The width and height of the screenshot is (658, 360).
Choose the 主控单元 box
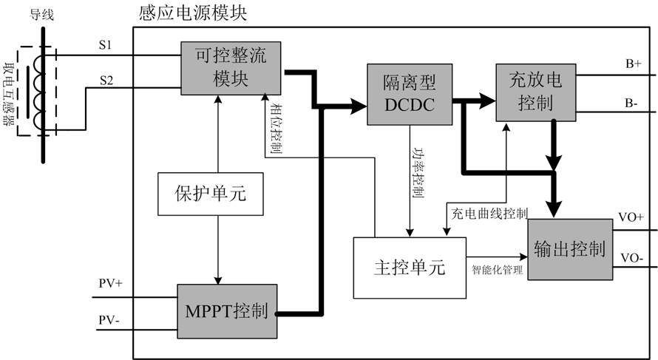[x=410, y=268]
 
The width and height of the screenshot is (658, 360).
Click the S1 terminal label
[x=106, y=45]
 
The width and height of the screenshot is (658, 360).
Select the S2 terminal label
[x=106, y=81]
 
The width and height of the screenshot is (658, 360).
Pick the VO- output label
[x=631, y=259]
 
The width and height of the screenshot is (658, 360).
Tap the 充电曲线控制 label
[x=489, y=214]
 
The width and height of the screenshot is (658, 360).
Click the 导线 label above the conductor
[x=41, y=13]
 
